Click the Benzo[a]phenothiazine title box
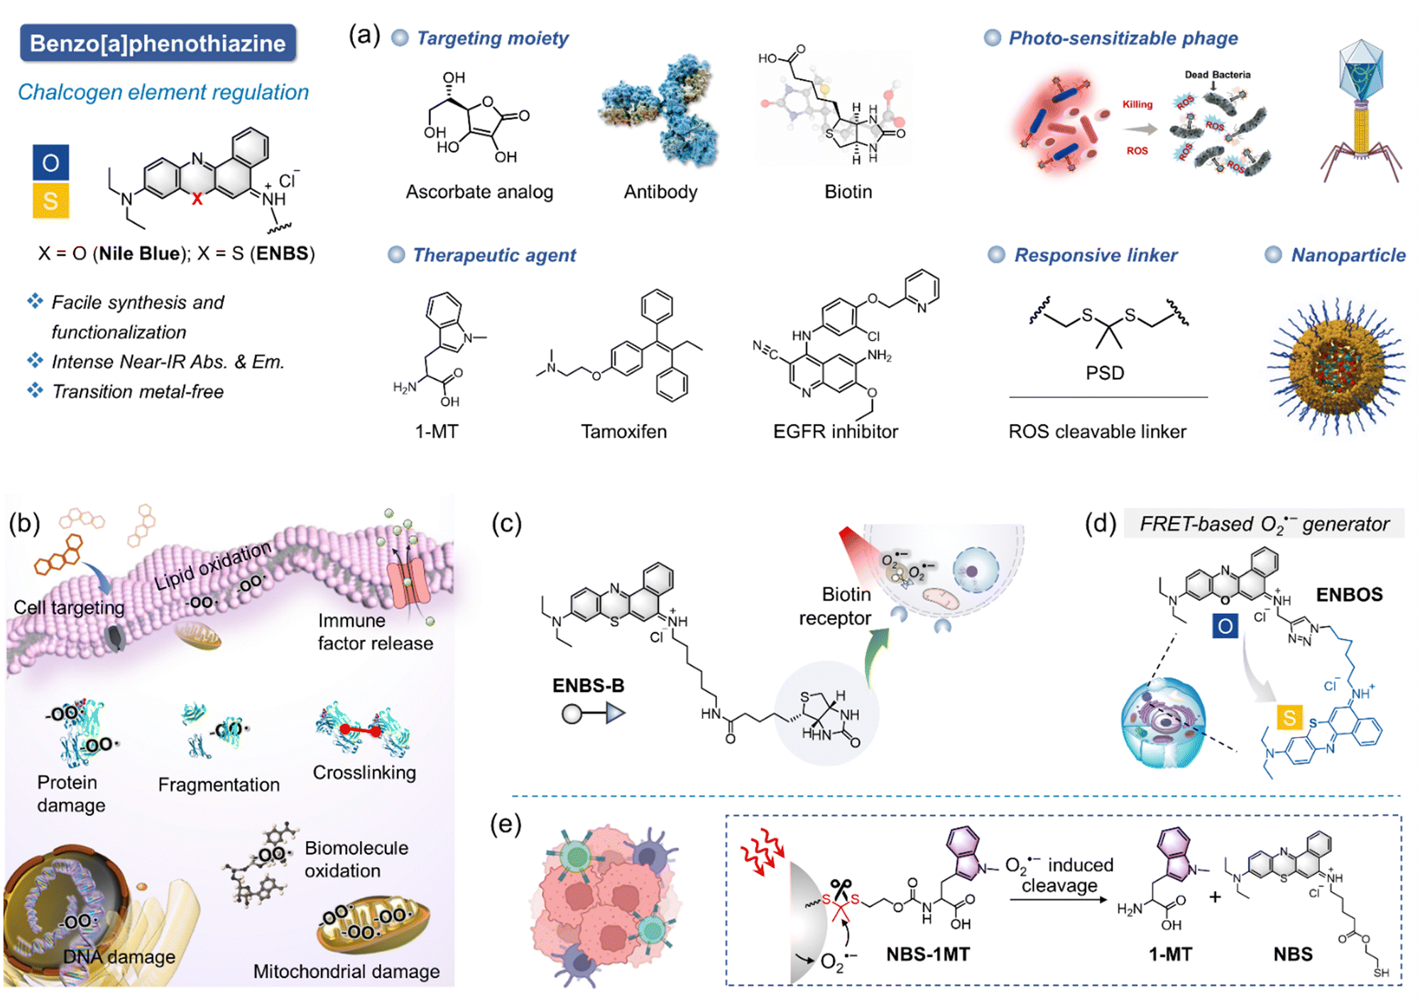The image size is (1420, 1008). [x=158, y=43]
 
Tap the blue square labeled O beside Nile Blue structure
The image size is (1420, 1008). [x=50, y=163]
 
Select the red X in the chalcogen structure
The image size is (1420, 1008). [x=197, y=200]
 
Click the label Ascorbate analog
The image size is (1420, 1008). [x=479, y=192]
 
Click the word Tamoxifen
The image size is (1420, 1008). [x=623, y=431]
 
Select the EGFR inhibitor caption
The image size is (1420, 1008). [x=835, y=431]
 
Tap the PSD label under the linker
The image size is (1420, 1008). [x=1105, y=373]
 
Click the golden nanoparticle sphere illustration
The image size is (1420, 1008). [x=1336, y=367]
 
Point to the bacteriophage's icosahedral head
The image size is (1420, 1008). [x=1361, y=71]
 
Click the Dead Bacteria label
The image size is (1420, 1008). [x=1217, y=75]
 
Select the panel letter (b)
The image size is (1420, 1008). [x=25, y=524]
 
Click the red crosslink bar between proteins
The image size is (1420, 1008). [x=361, y=730]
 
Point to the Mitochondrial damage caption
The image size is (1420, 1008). [x=346, y=971]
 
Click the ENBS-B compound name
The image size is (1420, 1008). [x=588, y=685]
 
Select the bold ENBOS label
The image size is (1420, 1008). [x=1349, y=595]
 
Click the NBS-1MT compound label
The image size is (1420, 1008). [x=927, y=954]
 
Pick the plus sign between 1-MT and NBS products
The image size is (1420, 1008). [x=1215, y=897]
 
